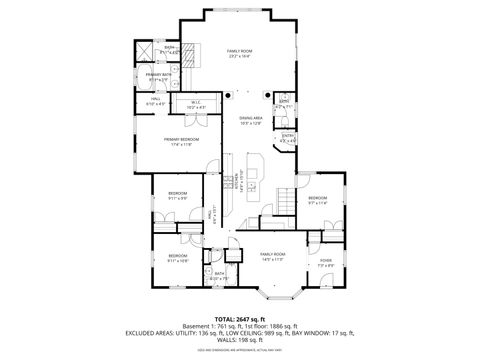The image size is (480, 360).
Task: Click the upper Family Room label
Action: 239,53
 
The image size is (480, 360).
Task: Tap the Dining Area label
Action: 250,121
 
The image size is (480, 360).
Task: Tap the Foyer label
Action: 325,262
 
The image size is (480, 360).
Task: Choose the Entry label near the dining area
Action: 288,138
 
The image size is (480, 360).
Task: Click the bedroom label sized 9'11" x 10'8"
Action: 178,259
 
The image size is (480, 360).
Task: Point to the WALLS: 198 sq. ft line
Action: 239,341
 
